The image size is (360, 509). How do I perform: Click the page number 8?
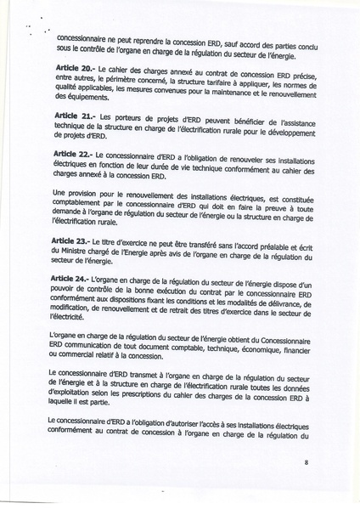pyautogui.click(x=306, y=463)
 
